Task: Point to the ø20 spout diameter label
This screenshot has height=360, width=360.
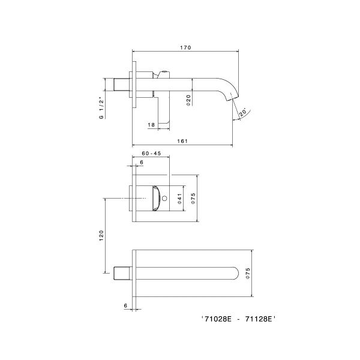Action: (x=188, y=100)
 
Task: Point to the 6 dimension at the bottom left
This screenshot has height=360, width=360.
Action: (x=125, y=306)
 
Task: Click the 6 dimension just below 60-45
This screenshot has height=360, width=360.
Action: (x=142, y=163)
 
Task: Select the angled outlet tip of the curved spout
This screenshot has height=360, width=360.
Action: (x=234, y=101)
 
